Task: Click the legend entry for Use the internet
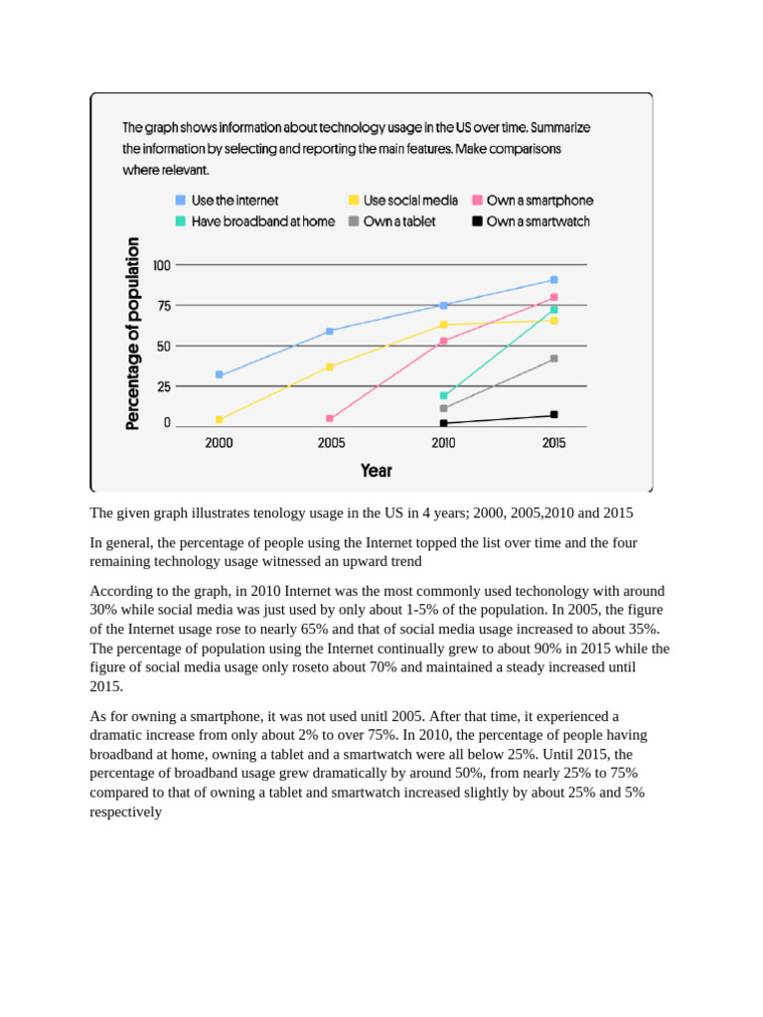point(227,200)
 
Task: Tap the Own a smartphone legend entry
point(532,200)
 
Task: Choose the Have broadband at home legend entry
point(254,221)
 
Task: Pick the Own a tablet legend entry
point(391,221)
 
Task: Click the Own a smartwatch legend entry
point(531,221)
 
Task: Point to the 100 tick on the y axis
point(162,265)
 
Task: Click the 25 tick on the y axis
point(164,386)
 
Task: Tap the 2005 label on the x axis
point(331,443)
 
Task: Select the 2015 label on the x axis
point(553,443)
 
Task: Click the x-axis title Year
point(377,471)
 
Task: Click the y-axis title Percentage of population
point(133,334)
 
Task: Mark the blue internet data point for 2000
point(219,375)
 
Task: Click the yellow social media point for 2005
point(330,366)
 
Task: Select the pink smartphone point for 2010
point(443,342)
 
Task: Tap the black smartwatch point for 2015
point(554,414)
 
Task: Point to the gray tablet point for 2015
point(554,359)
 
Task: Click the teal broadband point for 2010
point(443,395)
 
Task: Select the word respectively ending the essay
point(125,812)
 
